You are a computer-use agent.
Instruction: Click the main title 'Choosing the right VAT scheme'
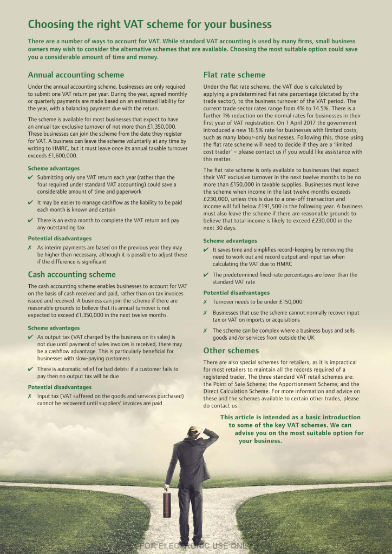click(x=149, y=24)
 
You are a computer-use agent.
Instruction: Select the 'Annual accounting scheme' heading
click(x=76, y=75)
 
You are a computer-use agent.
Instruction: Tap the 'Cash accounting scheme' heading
click(x=71, y=274)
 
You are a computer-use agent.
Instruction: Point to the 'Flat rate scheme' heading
click(x=234, y=75)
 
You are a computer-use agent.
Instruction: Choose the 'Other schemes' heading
click(x=231, y=350)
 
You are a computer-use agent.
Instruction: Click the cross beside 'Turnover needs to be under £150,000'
click(x=205, y=302)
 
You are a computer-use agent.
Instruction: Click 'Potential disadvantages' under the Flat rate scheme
click(x=236, y=293)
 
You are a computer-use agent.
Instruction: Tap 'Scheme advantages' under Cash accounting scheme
click(x=54, y=328)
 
